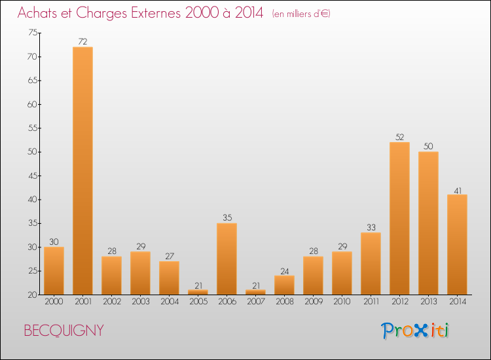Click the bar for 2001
point(82,171)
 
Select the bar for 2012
point(399,219)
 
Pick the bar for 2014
point(457,244)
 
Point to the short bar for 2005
point(198,292)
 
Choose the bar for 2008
point(284,285)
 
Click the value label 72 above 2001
point(82,42)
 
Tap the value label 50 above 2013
point(428,147)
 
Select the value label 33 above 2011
point(371,227)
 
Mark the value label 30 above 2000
point(54,242)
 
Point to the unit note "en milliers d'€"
point(301,14)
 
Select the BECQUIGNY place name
point(64,331)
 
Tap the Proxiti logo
point(415,331)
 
